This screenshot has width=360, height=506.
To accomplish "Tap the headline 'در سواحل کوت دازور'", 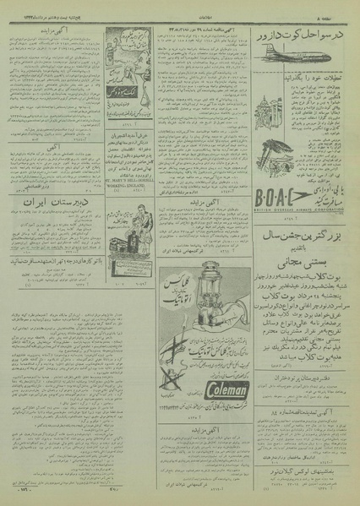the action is [x=302, y=40].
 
